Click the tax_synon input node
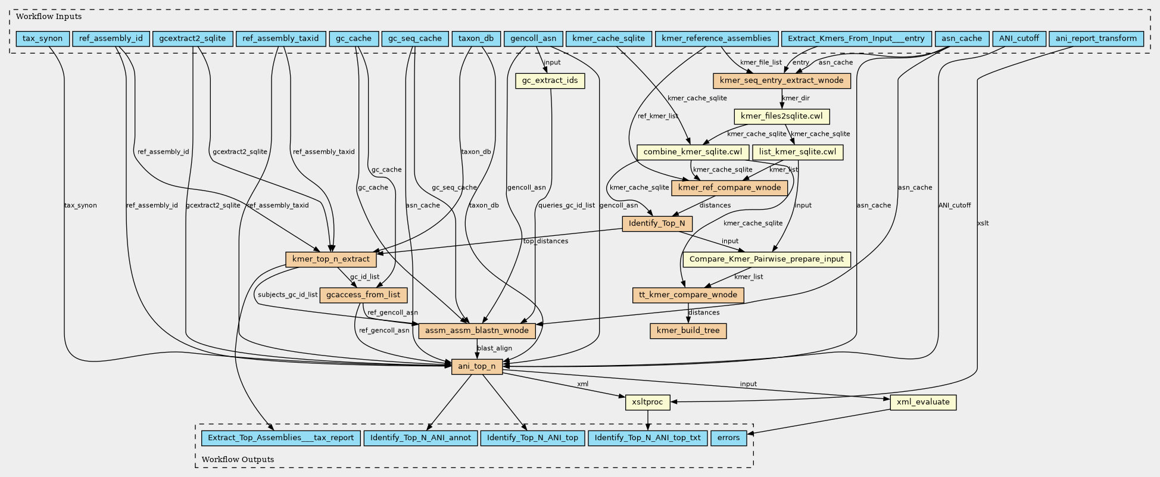[x=42, y=39]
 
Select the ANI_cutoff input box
[x=1019, y=39]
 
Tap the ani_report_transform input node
[x=1096, y=39]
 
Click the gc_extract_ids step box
[x=550, y=80]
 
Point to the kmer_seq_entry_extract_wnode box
[x=781, y=80]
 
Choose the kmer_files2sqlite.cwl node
[x=781, y=116]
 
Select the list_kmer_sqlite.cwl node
[x=797, y=152]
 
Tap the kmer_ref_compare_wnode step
[x=729, y=188]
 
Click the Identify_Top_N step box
[x=657, y=223]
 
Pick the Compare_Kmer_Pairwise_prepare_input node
[x=766, y=259]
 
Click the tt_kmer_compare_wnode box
[x=688, y=295]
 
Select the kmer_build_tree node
[x=688, y=331]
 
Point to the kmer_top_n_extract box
[x=330, y=259]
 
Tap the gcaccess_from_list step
[x=363, y=295]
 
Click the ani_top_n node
[x=477, y=366]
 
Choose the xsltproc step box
[x=647, y=402]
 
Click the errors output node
[x=728, y=438]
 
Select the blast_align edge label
[x=494, y=348]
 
